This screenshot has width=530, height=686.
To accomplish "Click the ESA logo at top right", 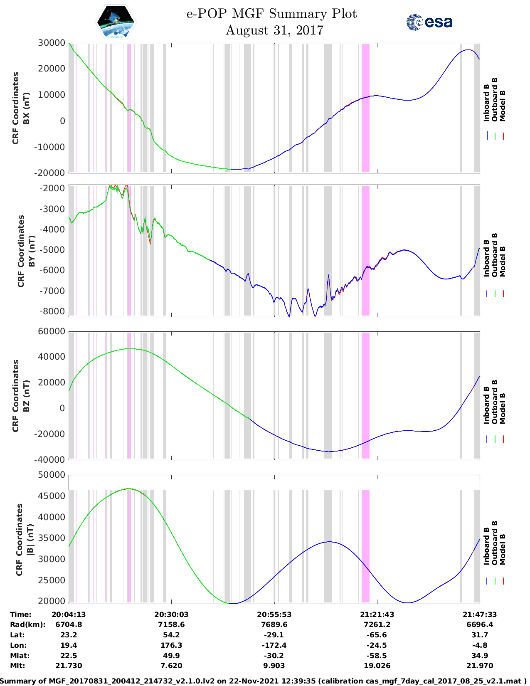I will coord(429,22).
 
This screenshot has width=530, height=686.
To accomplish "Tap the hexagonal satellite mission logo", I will coord(116,22).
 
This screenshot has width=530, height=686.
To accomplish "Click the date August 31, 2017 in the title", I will coord(274,30).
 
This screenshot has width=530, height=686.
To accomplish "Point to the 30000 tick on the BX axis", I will coord(52,43).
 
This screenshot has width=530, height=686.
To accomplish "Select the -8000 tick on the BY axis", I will coord(52,311).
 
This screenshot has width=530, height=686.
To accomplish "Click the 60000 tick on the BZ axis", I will coord(52,331).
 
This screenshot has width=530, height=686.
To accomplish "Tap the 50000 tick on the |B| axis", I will coord(52,475).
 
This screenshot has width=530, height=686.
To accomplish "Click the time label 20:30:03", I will coord(171,614).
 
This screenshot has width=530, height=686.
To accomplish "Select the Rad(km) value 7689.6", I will coord(274,624).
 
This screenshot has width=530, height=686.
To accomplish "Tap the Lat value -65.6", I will coord(377,635).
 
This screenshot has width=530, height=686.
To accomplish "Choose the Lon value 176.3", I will coord(171,645).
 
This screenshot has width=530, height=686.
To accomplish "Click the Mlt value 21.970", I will coord(480,666).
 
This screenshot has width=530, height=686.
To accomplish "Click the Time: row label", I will coord(21,614).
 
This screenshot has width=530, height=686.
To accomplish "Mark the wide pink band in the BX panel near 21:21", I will coord(365,107).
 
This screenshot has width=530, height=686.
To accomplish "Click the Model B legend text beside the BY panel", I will coord(503,261).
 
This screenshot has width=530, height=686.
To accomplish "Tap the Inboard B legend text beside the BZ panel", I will coord(487,405).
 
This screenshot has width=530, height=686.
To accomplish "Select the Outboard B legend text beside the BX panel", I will coord(495,100).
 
